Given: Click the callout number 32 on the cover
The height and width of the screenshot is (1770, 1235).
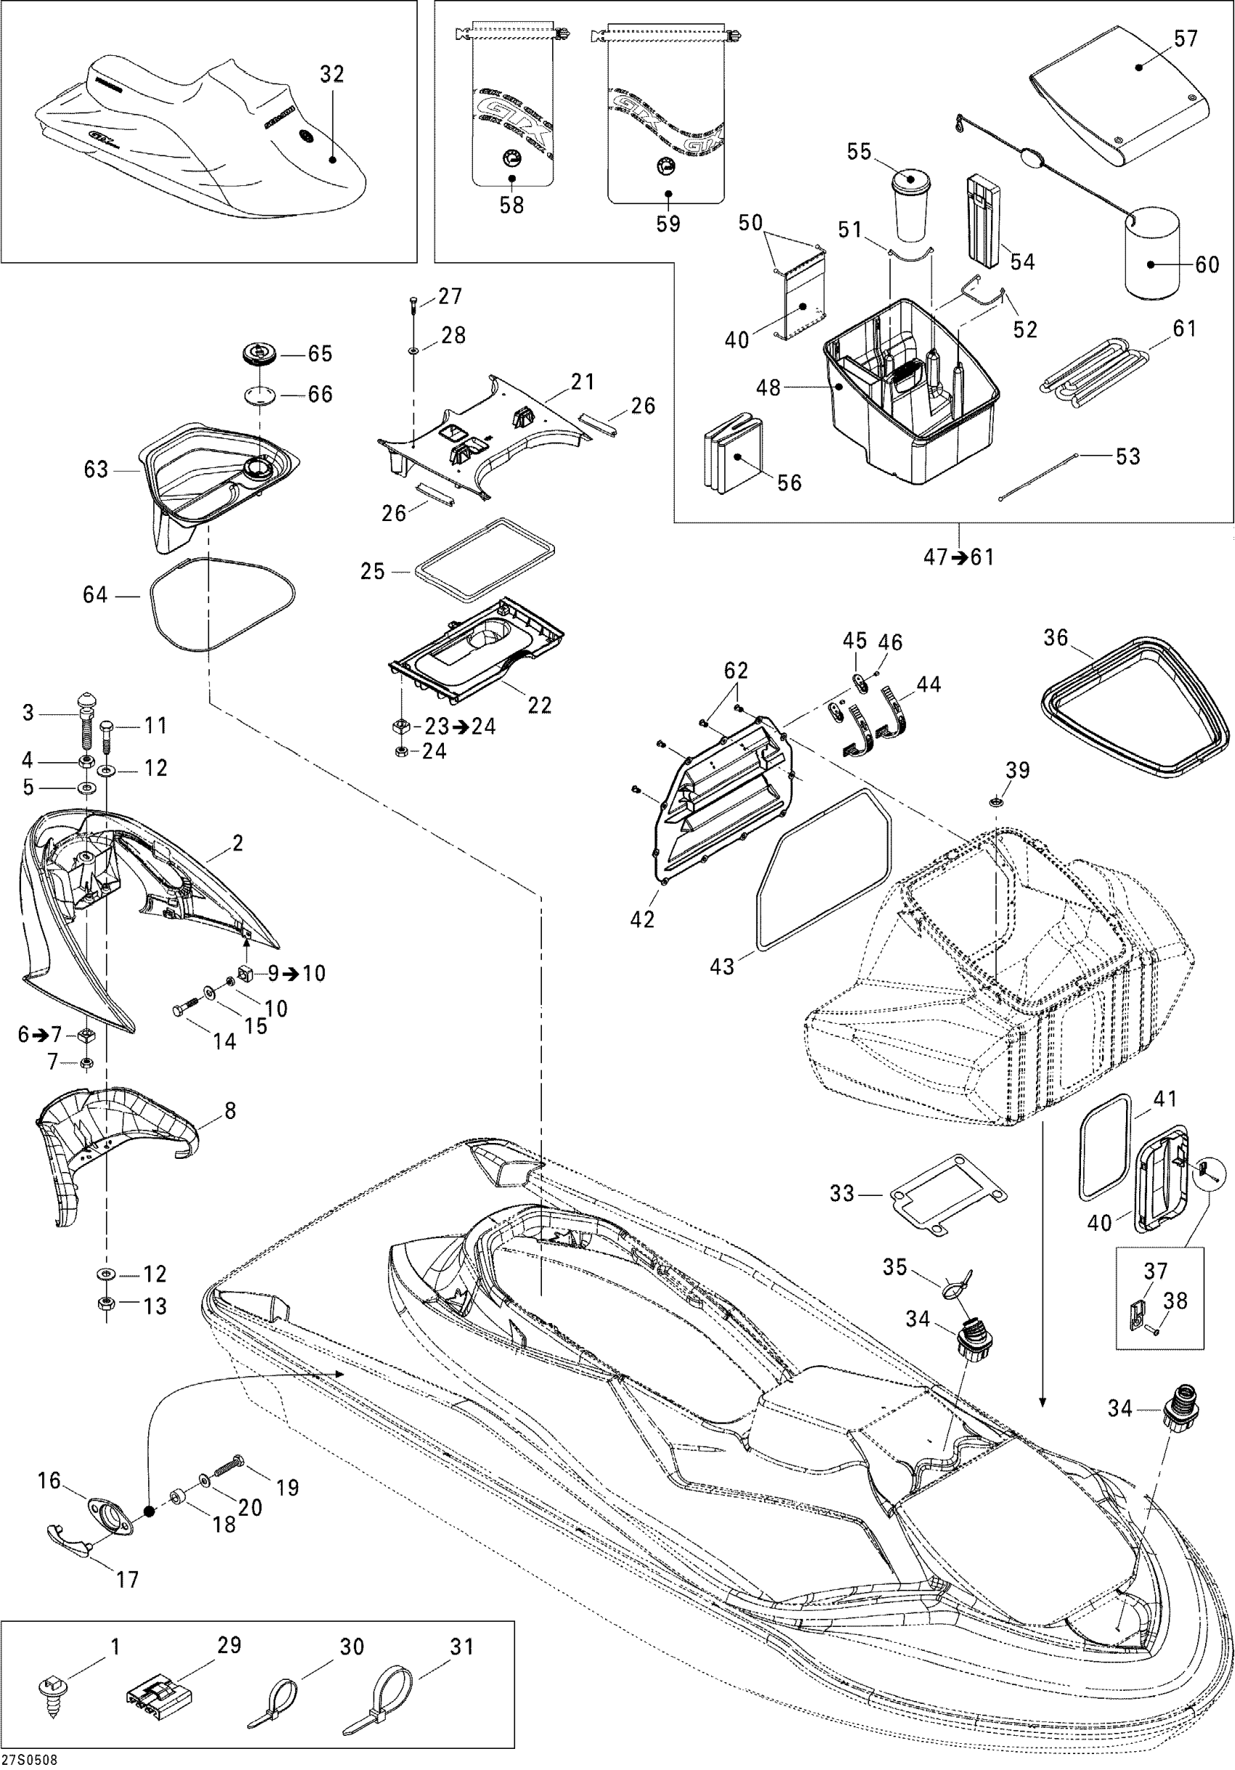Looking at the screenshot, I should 331,75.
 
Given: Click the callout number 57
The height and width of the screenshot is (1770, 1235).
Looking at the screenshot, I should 1186,38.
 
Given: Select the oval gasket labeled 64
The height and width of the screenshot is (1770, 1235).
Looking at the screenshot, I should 222,602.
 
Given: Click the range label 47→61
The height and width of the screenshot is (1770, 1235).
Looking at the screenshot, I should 959,557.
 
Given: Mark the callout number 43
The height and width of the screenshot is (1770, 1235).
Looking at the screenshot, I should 721,966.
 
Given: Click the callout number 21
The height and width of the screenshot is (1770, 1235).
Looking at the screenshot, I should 583,381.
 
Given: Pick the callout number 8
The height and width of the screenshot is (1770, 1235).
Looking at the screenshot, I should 230,1111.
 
